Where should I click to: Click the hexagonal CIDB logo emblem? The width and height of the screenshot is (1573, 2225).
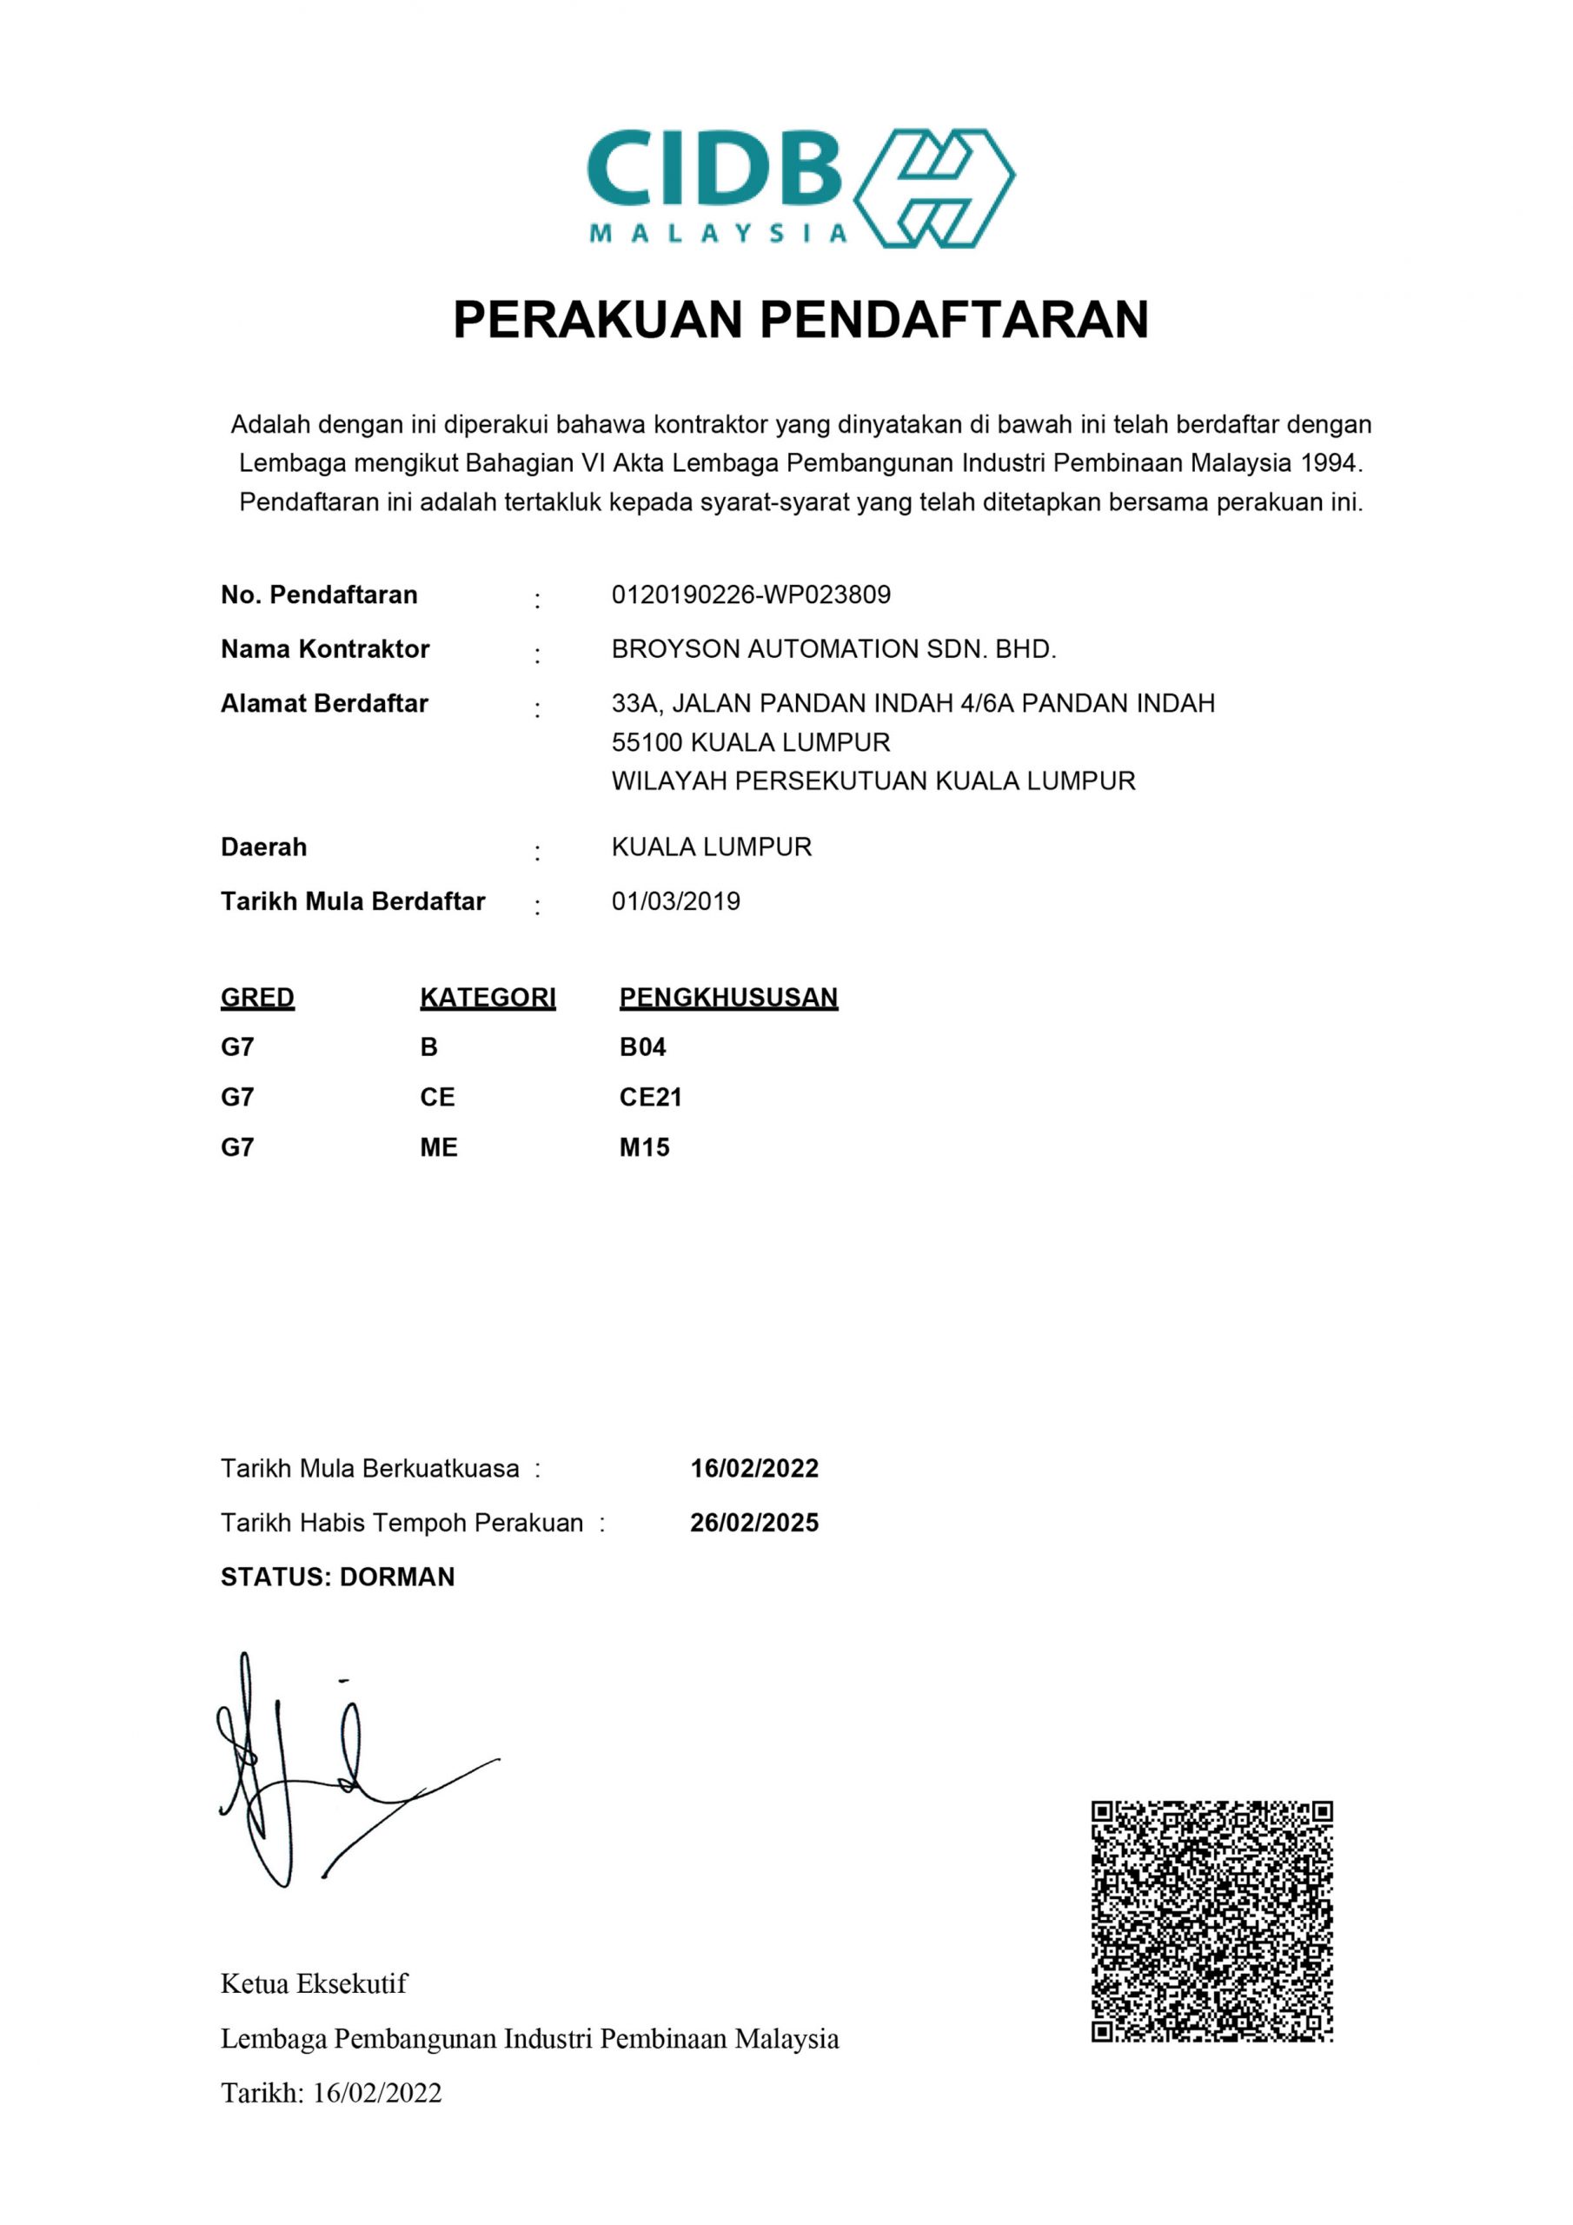point(933,188)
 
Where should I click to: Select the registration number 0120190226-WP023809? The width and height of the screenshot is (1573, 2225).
point(750,595)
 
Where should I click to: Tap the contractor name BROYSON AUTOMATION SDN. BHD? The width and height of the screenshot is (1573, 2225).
point(833,649)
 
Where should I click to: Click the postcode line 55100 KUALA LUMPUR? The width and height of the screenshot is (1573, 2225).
point(750,742)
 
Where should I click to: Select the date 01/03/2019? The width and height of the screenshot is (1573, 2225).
point(675,901)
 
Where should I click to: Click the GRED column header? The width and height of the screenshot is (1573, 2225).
point(257,997)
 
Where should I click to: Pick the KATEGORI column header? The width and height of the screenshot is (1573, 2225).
point(488,997)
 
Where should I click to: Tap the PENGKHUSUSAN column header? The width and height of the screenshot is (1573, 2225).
point(728,997)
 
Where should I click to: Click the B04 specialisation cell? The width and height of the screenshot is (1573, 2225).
point(642,1046)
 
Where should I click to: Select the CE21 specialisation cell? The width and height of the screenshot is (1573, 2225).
point(650,1097)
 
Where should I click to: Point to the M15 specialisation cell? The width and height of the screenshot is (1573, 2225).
point(645,1147)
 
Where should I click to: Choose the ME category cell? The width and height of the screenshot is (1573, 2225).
point(438,1147)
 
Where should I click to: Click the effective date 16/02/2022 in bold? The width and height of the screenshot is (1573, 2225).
point(754,1468)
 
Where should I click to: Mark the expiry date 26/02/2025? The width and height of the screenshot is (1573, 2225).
point(754,1523)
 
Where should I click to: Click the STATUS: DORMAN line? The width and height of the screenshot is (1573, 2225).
point(337,1577)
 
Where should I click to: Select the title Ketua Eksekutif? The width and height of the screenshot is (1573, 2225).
point(314,1983)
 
